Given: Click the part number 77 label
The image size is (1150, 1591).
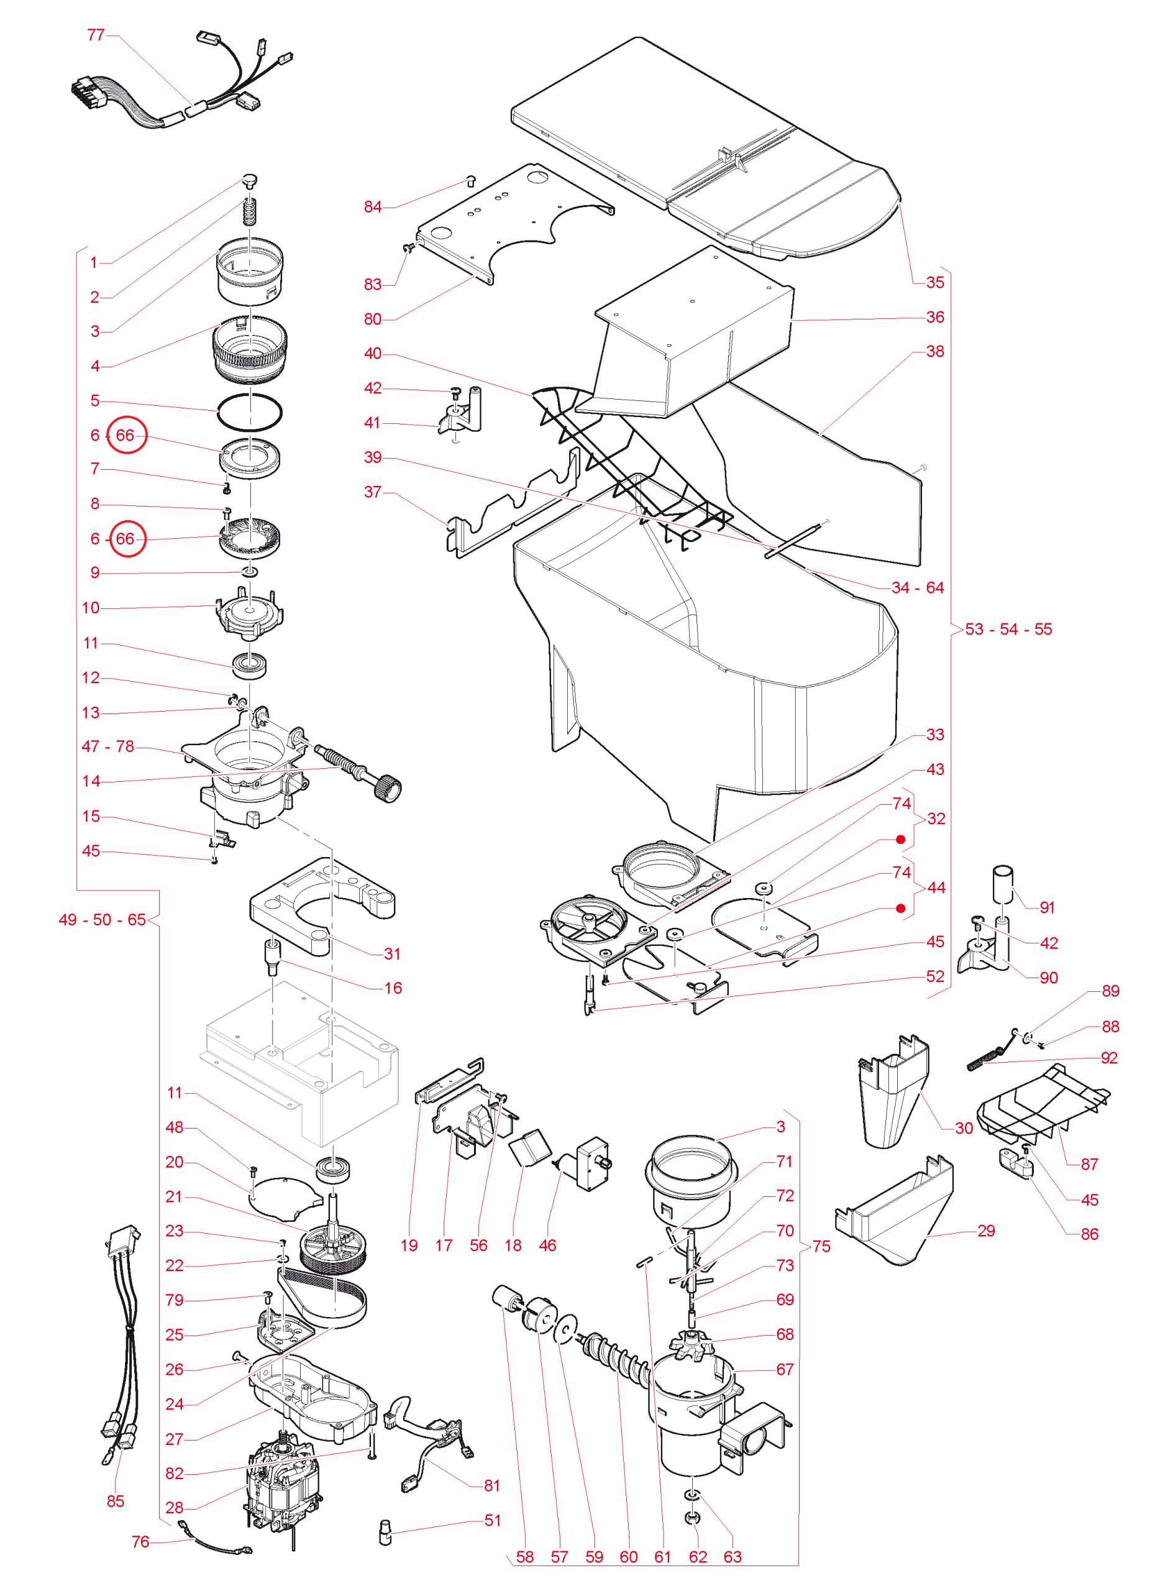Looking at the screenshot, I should tap(95, 34).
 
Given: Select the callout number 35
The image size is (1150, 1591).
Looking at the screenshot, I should tap(935, 282).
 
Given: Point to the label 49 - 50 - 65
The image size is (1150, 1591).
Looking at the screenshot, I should tap(103, 920).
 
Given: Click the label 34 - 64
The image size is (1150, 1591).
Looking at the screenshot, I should tap(917, 587).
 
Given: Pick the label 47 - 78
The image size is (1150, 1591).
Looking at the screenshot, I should tap(108, 746).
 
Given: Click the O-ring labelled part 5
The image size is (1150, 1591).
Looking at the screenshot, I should tap(250, 412).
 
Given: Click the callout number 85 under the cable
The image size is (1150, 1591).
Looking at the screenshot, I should tap(115, 1502).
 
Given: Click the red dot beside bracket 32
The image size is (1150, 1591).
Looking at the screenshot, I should tap(900, 840).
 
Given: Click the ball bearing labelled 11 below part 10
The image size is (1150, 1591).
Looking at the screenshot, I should tap(250, 664).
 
